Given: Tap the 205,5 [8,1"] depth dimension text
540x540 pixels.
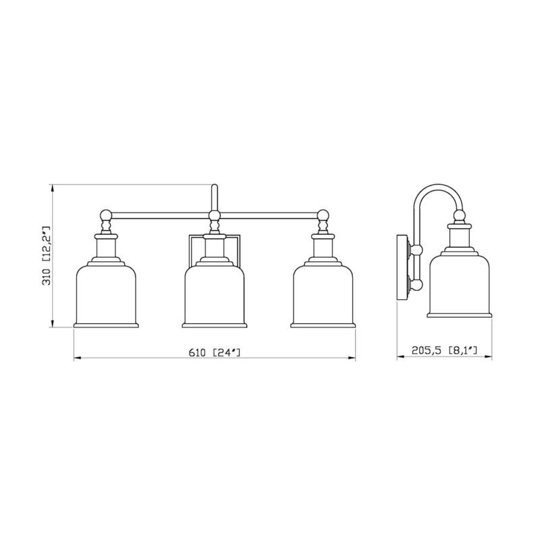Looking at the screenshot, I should point(444,351).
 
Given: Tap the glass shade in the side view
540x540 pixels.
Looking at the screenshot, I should point(460,283).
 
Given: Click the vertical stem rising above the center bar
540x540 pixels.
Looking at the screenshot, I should point(215,197).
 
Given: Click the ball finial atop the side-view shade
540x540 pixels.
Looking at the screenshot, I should point(460,216).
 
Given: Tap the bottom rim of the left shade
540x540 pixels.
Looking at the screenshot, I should point(106,325).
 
